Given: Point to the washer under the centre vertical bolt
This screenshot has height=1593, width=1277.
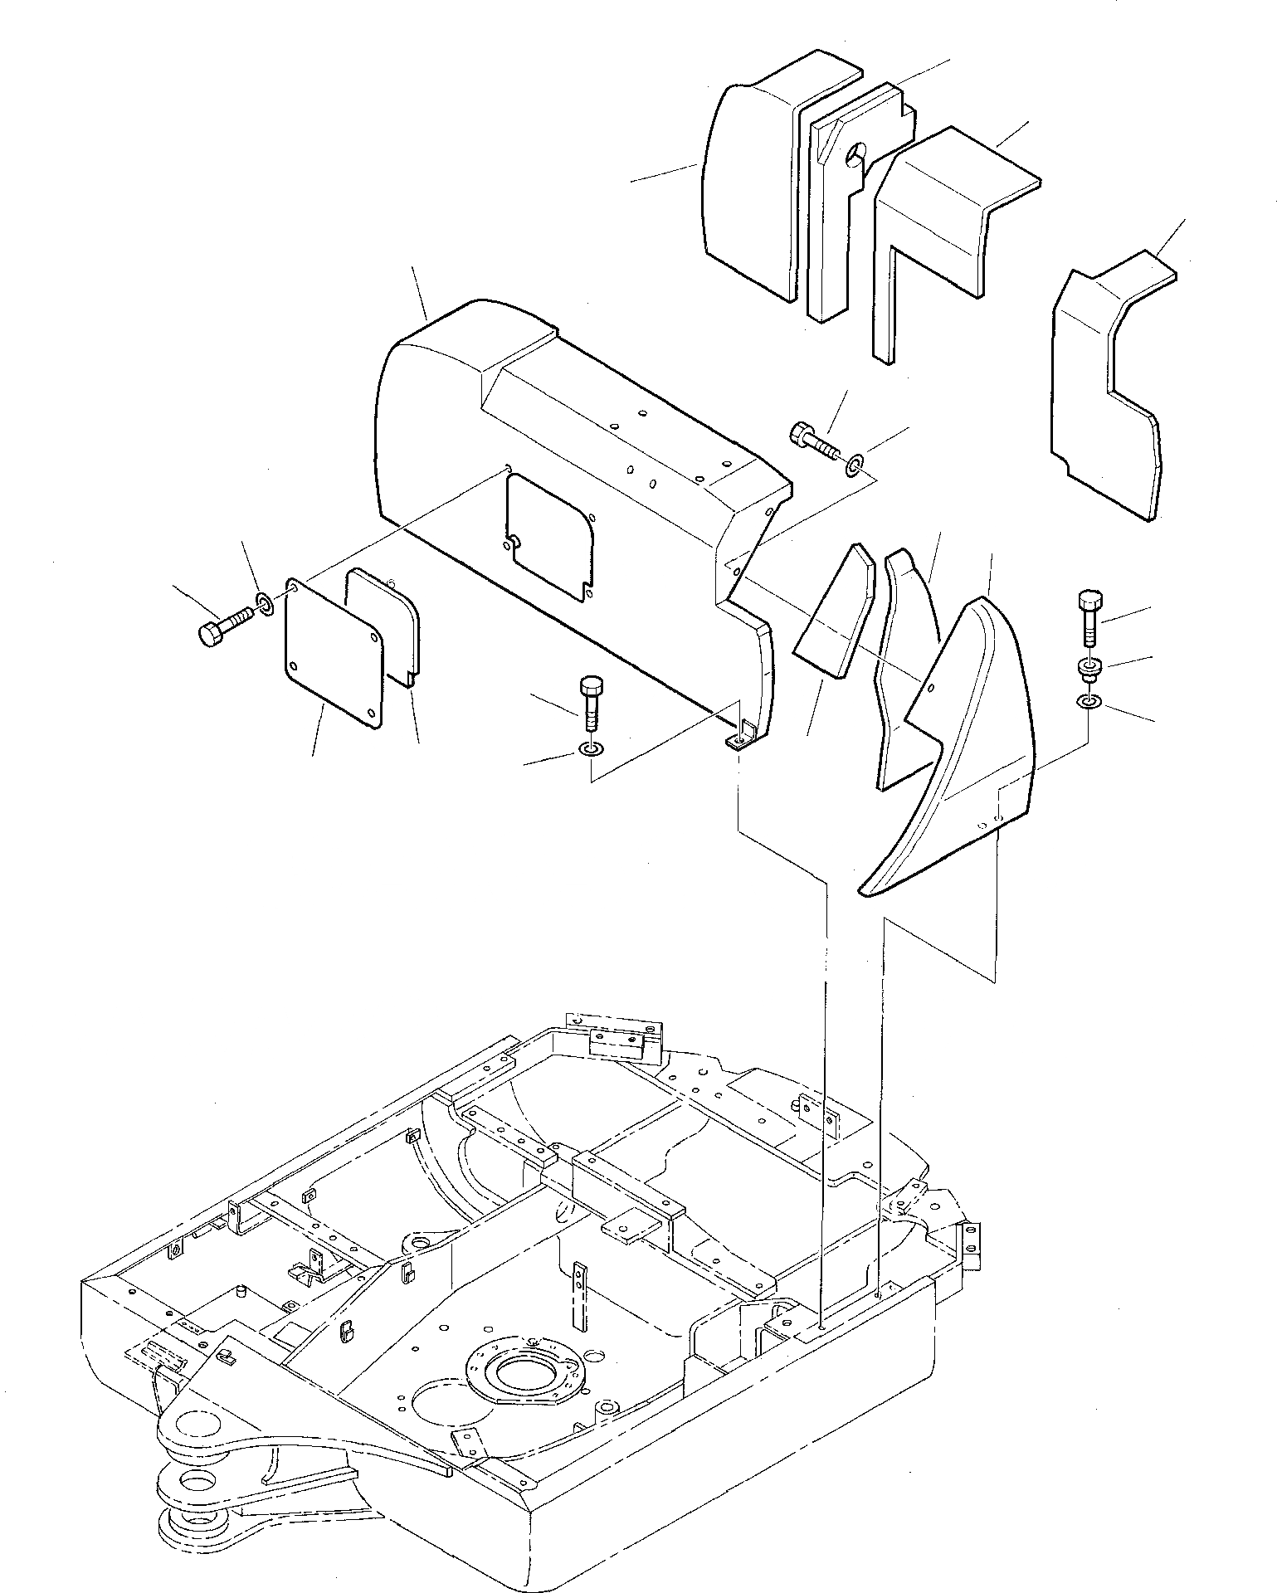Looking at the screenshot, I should [590, 752].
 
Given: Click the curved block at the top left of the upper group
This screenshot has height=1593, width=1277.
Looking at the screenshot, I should [751, 183].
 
